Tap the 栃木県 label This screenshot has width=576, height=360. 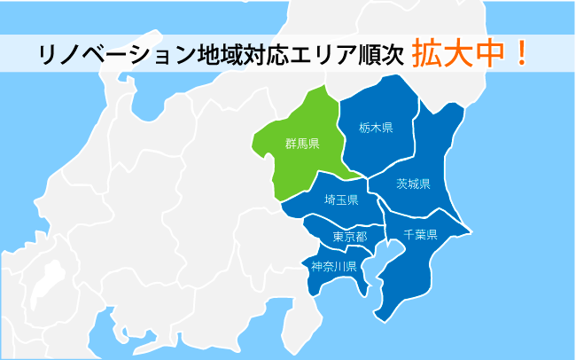coord(376,127)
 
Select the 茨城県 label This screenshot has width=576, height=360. coord(413,184)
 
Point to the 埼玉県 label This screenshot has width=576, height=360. coord(341,200)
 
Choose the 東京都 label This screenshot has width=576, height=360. coord(349,237)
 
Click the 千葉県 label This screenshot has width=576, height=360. coord(421,235)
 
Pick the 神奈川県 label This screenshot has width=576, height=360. coord(333,266)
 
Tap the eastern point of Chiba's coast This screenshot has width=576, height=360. coord(471,231)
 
